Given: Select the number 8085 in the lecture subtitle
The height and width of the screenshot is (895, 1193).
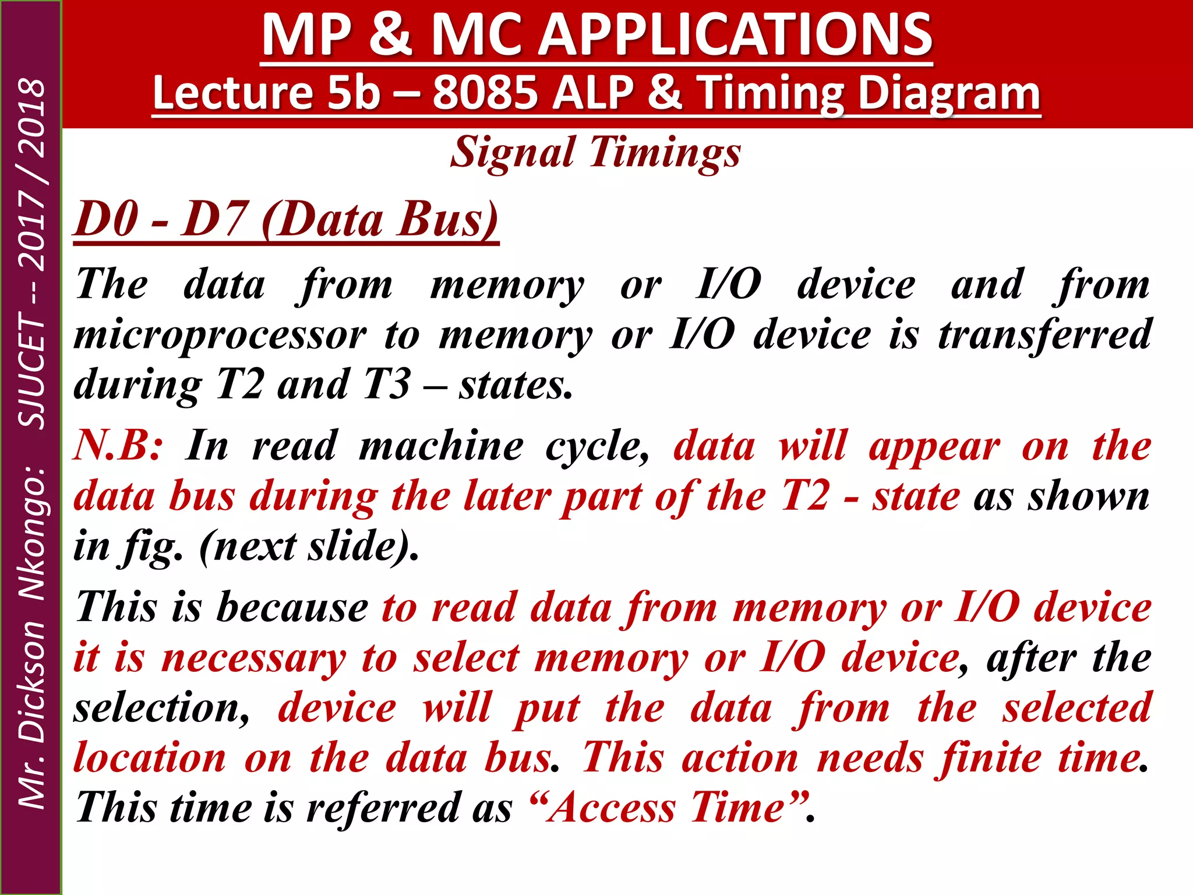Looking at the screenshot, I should tap(485, 93).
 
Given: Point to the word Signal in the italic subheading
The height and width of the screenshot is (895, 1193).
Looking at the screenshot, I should tap(513, 153).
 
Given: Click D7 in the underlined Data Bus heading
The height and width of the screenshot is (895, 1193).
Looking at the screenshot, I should tap(213, 220).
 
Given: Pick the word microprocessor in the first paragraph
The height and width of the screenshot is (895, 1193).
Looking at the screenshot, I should tap(220, 336).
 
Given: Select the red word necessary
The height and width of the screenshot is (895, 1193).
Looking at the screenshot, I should tap(253, 658).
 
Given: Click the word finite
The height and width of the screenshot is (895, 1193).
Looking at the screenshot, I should tap(988, 759).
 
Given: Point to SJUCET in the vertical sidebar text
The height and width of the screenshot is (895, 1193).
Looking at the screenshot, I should tap(32, 371).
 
